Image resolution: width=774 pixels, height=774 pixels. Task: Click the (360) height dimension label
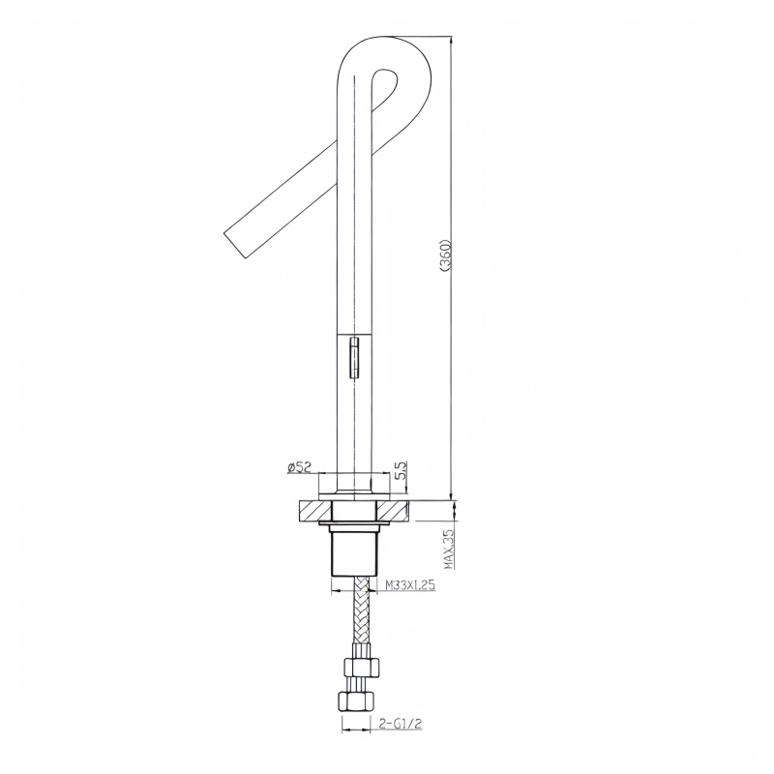(x=445, y=255)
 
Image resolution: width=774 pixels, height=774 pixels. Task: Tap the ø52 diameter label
(x=300, y=467)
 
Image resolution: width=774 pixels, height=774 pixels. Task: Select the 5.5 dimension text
(x=400, y=471)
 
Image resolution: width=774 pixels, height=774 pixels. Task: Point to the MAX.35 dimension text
(x=449, y=550)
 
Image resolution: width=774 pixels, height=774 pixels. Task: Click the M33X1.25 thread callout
(x=409, y=585)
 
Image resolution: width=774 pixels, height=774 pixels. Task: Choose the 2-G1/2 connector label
(x=401, y=724)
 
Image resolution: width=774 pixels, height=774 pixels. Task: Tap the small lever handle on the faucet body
(x=354, y=357)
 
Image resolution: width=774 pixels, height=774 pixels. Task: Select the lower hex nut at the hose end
(x=354, y=700)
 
